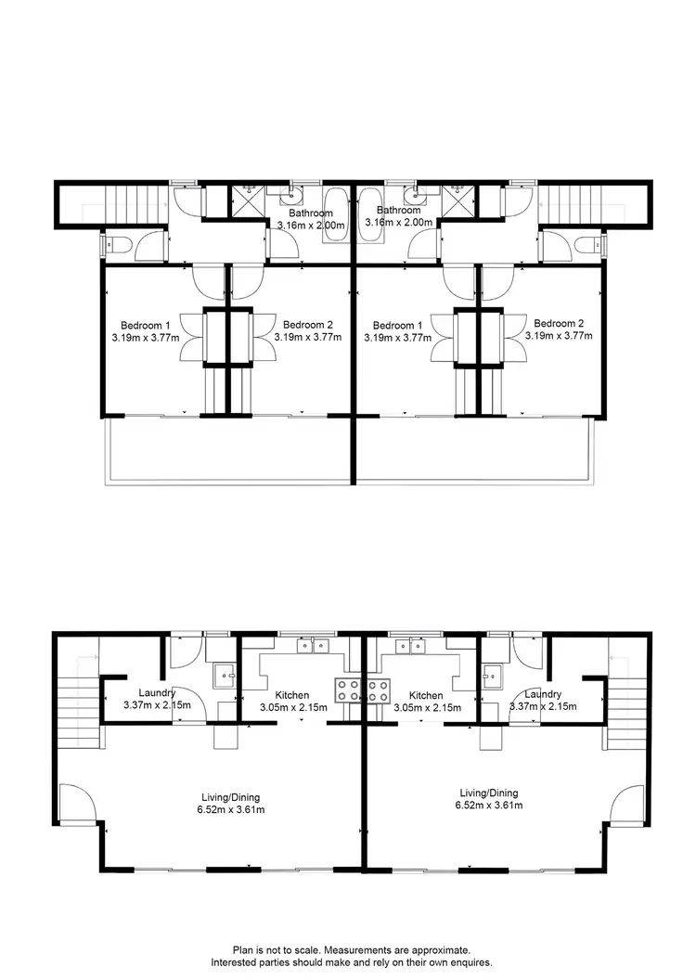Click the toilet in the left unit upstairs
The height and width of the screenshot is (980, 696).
[x=114, y=246]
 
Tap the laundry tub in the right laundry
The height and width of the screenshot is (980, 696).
[x=492, y=674]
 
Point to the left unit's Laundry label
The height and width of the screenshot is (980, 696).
[x=157, y=693]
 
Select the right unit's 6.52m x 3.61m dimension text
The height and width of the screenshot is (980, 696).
[x=489, y=806]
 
